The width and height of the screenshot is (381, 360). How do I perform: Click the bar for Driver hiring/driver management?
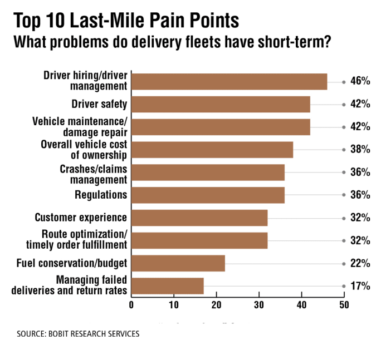point(229,81)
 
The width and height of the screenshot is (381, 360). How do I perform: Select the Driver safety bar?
point(221,104)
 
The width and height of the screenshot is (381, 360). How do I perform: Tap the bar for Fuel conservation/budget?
point(178,263)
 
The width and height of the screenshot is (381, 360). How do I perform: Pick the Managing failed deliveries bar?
point(167,286)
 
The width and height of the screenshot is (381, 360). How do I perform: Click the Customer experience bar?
point(199,218)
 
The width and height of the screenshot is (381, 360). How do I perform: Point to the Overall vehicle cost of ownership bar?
point(212,150)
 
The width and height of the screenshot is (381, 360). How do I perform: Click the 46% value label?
point(360,81)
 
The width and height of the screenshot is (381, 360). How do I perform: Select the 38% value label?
point(360,150)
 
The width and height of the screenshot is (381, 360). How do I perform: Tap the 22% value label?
point(360,263)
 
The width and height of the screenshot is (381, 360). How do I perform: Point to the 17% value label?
point(360,286)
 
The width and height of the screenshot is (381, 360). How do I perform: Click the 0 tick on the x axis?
point(131,305)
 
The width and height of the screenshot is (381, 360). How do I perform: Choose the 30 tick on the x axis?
point(259,305)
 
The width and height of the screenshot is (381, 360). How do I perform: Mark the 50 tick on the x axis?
point(344,305)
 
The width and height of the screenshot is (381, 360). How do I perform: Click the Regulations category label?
point(101,195)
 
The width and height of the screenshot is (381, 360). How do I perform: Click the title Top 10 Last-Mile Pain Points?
point(126,21)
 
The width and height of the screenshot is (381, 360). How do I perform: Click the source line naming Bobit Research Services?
point(78,334)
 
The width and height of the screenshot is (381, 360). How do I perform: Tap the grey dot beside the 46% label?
point(344,81)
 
